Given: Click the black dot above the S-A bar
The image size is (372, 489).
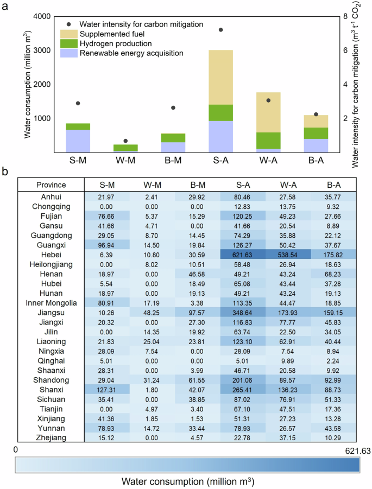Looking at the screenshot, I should coord(221,30).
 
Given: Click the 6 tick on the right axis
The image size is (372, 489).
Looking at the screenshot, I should coord(340,50).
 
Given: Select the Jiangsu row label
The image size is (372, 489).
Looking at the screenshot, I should coord(51,314).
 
